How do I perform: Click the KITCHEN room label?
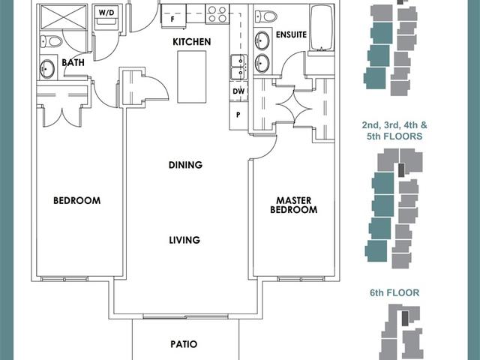192,42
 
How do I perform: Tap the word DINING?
185,165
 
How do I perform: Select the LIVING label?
184,240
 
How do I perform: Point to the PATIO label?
184,344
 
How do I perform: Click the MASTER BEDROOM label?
293,205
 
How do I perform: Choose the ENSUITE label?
291,34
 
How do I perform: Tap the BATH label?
73,62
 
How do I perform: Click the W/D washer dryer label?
106,13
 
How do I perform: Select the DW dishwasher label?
238,91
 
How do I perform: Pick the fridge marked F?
172,16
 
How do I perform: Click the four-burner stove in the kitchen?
217,14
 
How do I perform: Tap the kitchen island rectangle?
192,76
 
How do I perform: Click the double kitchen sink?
239,67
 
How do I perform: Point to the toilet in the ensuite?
266,16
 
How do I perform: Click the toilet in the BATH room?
52,41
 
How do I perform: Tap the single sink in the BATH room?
47,69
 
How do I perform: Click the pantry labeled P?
238,115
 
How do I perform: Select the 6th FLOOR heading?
394,293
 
